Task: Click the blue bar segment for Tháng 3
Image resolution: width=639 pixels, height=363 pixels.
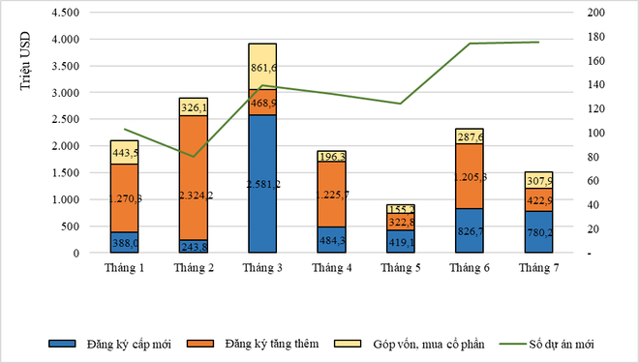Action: pos(261,184)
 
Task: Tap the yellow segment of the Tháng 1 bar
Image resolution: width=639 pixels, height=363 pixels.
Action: pos(123,152)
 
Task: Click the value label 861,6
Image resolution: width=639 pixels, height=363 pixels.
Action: pos(263,67)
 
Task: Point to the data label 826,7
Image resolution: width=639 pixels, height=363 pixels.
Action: pos(470,232)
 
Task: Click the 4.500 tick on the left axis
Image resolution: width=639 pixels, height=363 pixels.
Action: pos(65,14)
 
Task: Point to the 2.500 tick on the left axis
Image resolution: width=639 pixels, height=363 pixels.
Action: pos(65,120)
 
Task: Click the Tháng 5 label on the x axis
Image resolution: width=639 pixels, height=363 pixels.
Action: pos(400,268)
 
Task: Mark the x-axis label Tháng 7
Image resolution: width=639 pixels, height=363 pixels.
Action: pos(537,268)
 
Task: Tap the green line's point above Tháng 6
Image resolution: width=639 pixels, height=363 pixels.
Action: pos(470,44)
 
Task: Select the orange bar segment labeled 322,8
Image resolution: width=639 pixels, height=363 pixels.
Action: pos(400,222)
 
